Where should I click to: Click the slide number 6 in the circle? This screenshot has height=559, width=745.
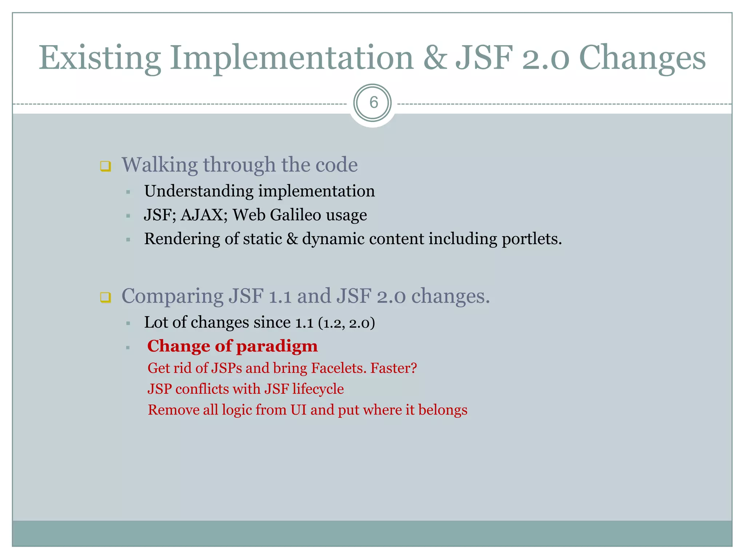click(x=373, y=103)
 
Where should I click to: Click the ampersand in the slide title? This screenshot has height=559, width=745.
click(x=435, y=58)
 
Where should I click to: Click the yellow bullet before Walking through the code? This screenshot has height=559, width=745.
click(x=105, y=166)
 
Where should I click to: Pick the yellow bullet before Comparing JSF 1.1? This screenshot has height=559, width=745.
click(x=105, y=297)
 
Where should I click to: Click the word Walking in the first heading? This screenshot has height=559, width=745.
click(x=159, y=165)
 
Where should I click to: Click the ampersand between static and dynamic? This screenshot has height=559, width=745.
click(x=292, y=239)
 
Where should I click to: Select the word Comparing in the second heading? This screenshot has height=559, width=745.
click(x=172, y=296)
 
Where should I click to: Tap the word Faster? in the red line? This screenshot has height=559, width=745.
click(x=393, y=368)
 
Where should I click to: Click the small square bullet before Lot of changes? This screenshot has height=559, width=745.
click(x=128, y=323)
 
